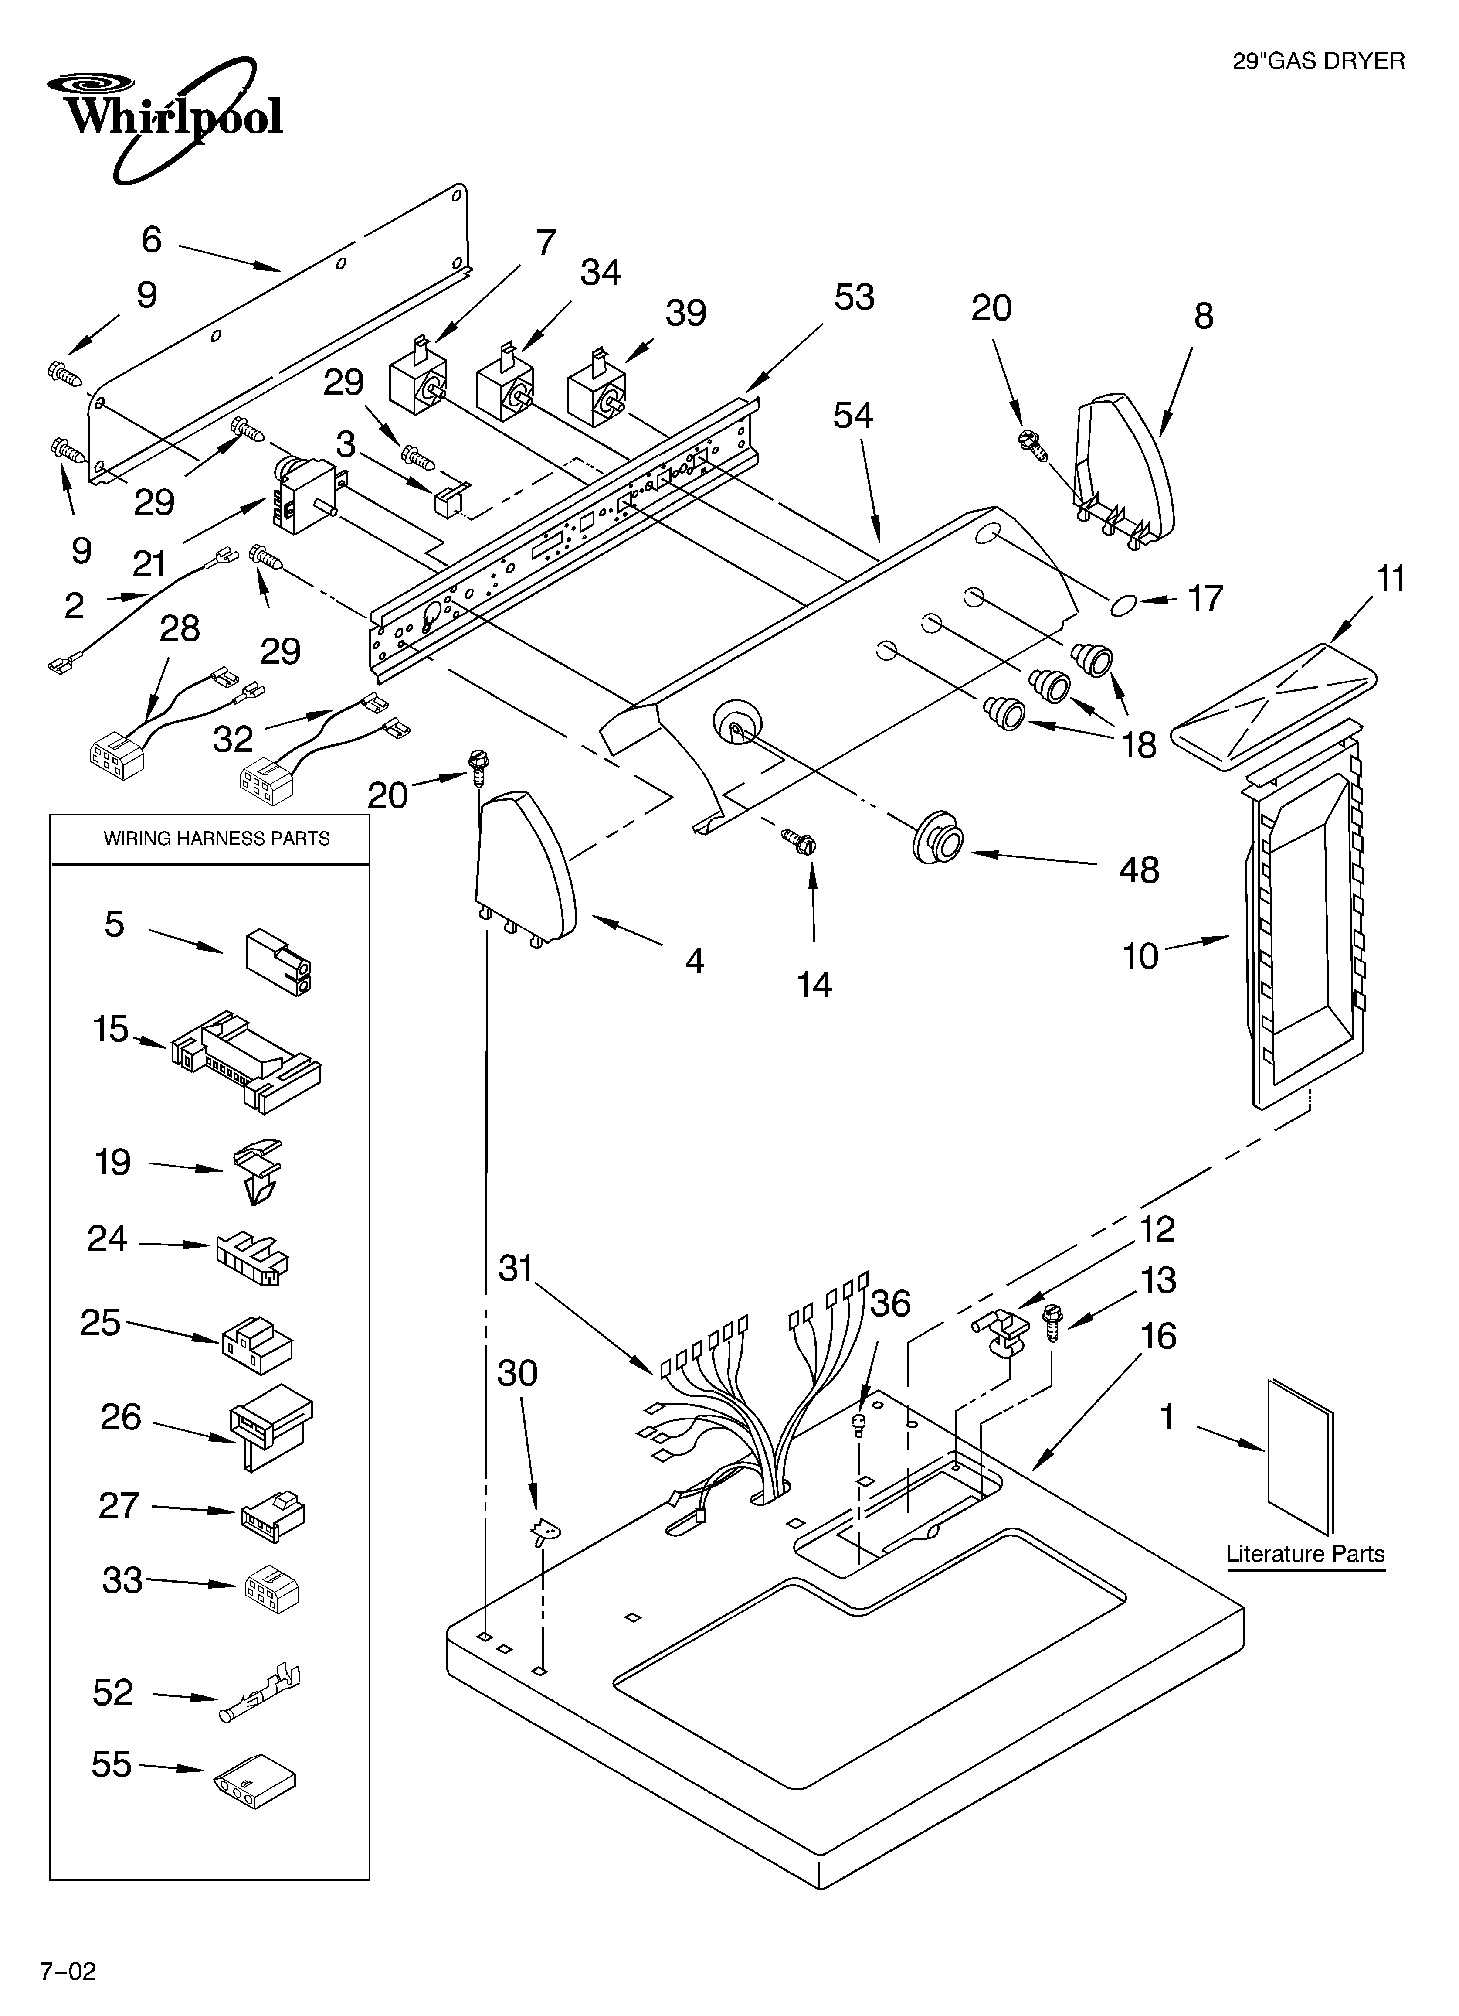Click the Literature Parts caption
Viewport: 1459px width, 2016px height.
[x=1304, y=1554]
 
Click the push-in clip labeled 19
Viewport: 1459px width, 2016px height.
[x=258, y=1172]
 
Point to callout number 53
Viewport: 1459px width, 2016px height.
[x=854, y=297]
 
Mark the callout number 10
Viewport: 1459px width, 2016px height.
[x=1140, y=955]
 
